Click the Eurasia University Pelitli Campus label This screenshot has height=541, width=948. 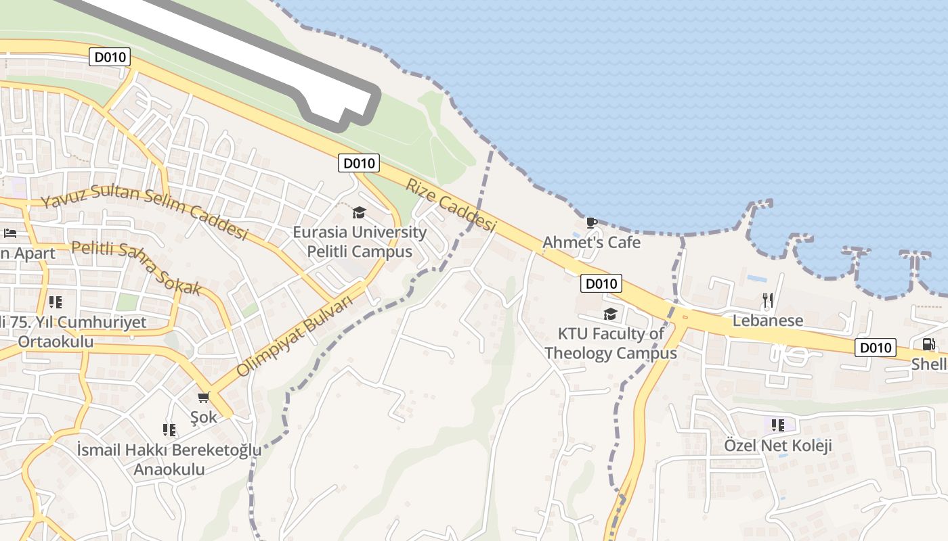point(360,242)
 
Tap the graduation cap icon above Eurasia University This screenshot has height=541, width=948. point(359,213)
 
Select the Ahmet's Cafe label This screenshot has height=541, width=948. point(591,242)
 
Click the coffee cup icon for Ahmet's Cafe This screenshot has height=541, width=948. point(591,222)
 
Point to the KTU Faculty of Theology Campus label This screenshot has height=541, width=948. point(610,343)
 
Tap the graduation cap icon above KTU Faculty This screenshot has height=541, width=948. point(610,314)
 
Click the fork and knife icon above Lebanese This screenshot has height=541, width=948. point(767,300)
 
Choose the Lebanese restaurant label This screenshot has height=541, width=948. point(768,321)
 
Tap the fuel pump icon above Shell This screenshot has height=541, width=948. point(929,344)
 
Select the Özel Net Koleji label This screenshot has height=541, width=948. point(778,446)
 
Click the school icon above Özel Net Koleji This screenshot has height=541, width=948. point(778,425)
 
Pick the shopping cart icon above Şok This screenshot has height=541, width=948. point(204,397)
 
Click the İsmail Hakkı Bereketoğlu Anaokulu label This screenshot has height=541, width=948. point(169,459)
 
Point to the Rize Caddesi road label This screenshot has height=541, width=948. point(451,205)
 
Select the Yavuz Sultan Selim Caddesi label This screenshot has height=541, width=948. point(144,212)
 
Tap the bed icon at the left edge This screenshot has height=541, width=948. point(10,233)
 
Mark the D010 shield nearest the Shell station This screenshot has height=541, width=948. point(875,348)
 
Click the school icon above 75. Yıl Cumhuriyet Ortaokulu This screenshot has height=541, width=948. point(56,302)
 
